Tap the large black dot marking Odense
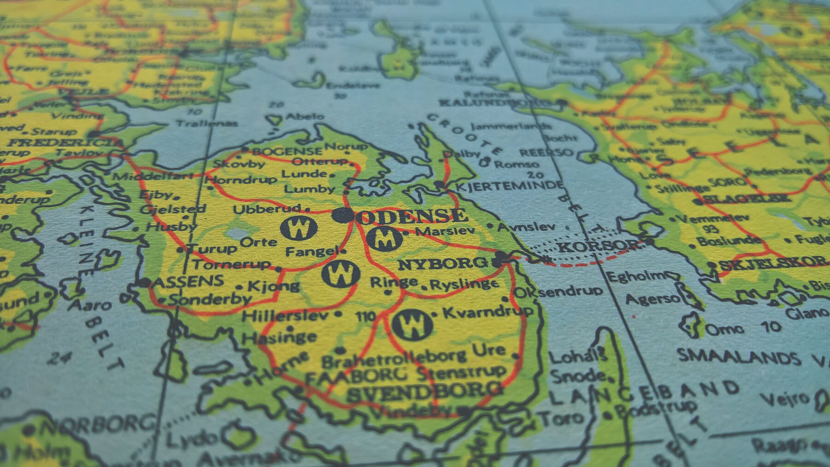coord(343,214)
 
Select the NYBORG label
coord(442,264)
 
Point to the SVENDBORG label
coord(424,391)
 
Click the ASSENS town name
coord(188,281)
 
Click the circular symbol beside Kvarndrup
coord(413,325)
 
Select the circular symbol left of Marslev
coord(385,238)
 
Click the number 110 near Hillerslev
coord(366,316)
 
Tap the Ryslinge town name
coord(464,285)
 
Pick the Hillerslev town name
coord(285,316)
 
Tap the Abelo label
coord(305,117)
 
